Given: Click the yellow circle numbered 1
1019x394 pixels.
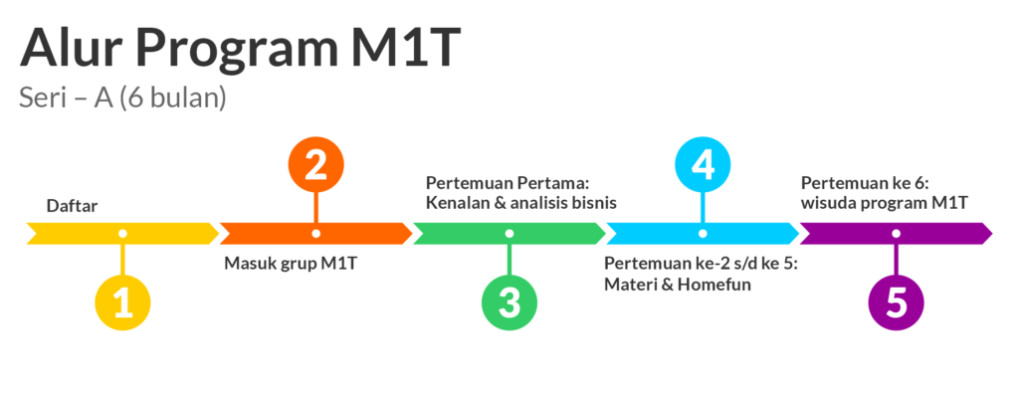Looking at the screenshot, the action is (122, 303).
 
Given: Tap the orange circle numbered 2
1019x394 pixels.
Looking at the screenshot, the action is (315, 165).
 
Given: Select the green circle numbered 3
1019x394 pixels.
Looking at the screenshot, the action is (509, 303).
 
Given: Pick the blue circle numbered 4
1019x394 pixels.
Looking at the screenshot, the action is (703, 165).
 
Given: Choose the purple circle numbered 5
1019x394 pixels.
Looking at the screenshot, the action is (897, 303).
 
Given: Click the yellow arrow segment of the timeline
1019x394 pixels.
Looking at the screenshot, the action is (122, 234).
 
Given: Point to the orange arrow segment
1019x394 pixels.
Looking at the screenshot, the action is (315, 234).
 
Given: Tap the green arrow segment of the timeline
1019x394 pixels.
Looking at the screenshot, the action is (509, 234).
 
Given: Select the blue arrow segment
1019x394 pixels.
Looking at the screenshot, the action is (703, 234).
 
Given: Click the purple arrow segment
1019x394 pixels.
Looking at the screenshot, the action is (897, 234).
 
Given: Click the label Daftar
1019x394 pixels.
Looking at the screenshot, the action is (72, 207).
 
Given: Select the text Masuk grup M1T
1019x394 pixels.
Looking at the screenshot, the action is (291, 264).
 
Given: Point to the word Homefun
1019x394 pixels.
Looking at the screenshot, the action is (718, 285).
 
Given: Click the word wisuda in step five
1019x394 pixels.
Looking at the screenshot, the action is (823, 204).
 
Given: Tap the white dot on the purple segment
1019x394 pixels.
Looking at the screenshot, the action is (897, 234).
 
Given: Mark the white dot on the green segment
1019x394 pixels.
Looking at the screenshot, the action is (509, 234).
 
